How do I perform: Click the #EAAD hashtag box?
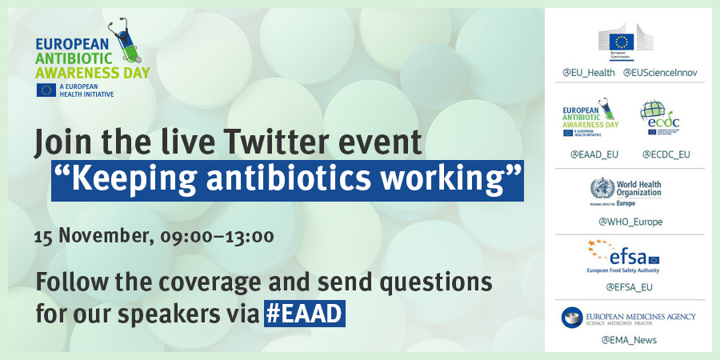point(305,314)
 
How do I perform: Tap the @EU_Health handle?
point(588,73)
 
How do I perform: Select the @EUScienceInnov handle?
point(654,73)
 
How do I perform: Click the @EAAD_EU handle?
point(594,154)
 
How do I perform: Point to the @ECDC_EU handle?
point(666,154)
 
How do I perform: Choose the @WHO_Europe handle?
point(630,222)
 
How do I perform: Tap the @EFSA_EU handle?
point(629,287)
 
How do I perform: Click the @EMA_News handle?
point(629,340)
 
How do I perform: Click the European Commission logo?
point(626,42)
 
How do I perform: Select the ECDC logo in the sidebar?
point(660,118)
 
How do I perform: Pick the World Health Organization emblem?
point(602,188)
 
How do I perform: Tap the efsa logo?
point(623,256)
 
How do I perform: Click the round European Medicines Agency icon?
point(572,318)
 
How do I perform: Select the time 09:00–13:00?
point(217,237)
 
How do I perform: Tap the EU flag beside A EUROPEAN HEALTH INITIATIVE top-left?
point(46,90)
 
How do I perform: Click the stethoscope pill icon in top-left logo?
point(126,41)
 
